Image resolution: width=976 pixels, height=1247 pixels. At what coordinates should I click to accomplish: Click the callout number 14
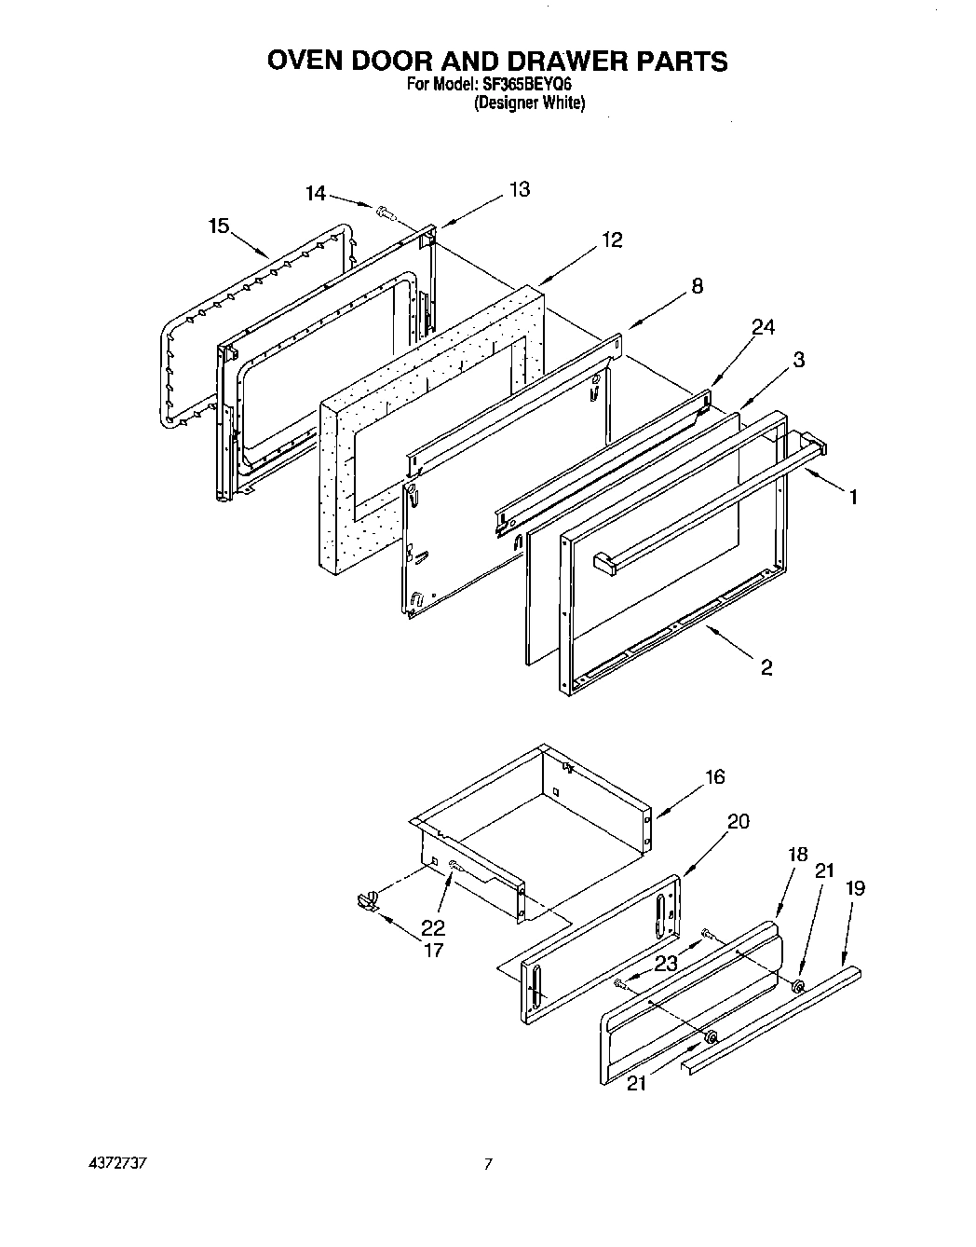[317, 194]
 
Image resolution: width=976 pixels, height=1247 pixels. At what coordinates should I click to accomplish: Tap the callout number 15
[219, 226]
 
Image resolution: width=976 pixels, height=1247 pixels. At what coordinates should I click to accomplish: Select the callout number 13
[519, 189]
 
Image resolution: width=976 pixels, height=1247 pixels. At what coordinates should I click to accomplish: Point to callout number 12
[611, 240]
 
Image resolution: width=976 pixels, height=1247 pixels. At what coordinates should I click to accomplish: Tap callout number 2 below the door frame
[766, 667]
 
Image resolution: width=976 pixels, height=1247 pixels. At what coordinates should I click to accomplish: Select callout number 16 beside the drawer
[714, 776]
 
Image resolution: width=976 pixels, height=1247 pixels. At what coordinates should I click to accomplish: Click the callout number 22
[433, 927]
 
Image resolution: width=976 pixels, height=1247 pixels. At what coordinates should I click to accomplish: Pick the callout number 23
[665, 964]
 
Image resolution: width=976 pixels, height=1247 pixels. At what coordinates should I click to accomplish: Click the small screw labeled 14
[385, 213]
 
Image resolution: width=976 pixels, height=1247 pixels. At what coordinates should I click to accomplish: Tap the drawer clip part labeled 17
[367, 900]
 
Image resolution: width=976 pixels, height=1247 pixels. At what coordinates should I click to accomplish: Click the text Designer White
[529, 103]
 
